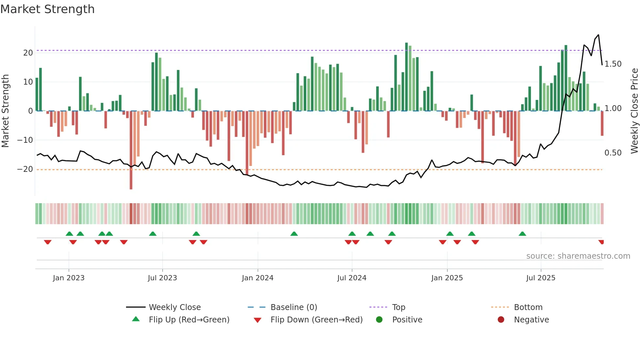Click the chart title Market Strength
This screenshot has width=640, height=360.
pos(48,9)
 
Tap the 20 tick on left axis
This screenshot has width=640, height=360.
pos(28,53)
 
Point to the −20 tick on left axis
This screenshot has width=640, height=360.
pos(25,169)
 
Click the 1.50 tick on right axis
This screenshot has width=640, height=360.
pos(613,64)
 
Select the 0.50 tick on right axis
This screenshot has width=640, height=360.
pos(613,153)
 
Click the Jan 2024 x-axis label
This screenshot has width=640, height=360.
pos(258,278)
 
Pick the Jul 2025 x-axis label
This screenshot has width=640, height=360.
pos(541,278)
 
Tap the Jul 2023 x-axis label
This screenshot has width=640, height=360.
pos(162,278)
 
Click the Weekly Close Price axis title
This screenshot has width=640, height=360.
pos(634,111)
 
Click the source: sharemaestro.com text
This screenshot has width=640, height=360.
pos(578,256)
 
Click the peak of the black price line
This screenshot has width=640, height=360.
pos(599,35)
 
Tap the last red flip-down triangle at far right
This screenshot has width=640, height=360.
pos(601,242)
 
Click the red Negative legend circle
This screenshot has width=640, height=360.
pos(501,320)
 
